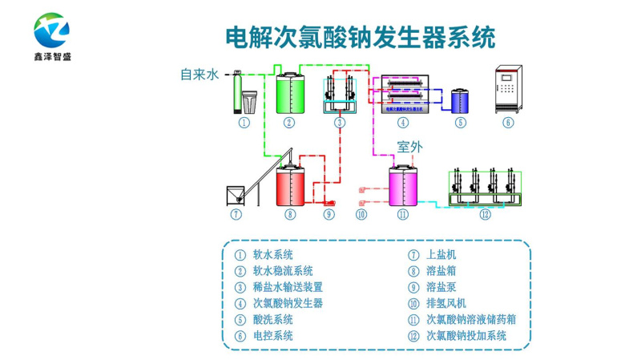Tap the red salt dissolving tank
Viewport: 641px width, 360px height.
click(x=289, y=186)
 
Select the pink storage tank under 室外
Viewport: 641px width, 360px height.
click(x=402, y=186)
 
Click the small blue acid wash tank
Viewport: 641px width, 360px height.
click(x=460, y=100)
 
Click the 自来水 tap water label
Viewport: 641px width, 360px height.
click(x=199, y=75)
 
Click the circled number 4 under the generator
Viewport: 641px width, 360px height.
click(x=403, y=123)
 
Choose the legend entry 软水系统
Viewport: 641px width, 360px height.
click(x=272, y=255)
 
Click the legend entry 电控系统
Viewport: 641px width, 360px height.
click(x=272, y=336)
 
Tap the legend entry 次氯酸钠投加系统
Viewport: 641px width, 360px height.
click(x=465, y=336)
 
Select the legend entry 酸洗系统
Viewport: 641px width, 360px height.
click(x=272, y=319)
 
